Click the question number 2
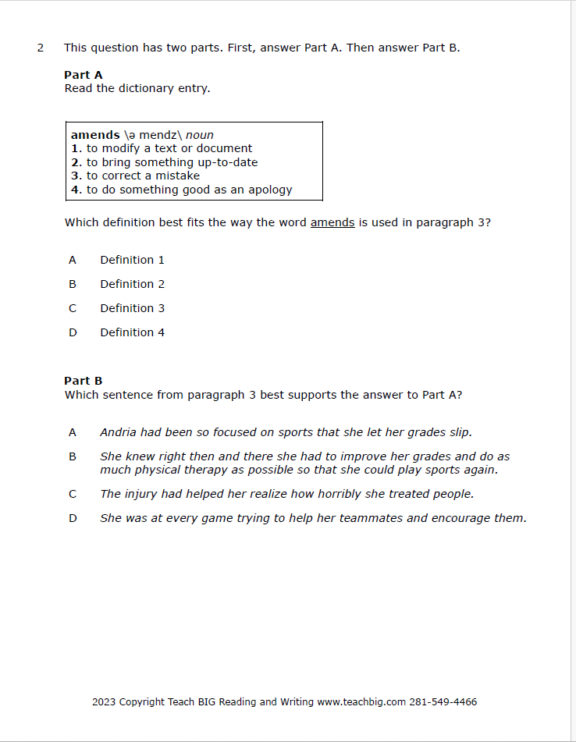tap(40, 48)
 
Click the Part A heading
tap(83, 75)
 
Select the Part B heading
tap(83, 381)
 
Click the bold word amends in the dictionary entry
tap(95, 135)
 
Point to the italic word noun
tap(200, 135)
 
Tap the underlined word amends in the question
tap(332, 222)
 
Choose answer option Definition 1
tap(132, 260)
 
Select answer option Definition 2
tap(132, 284)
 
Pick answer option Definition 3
tap(132, 308)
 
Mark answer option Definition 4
tap(132, 332)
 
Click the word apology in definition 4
tap(270, 190)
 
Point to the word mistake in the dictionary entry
tap(176, 176)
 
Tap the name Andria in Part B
tap(118, 432)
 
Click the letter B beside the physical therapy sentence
tap(73, 456)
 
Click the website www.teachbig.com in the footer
tap(361, 701)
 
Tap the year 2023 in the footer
tap(104, 701)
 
